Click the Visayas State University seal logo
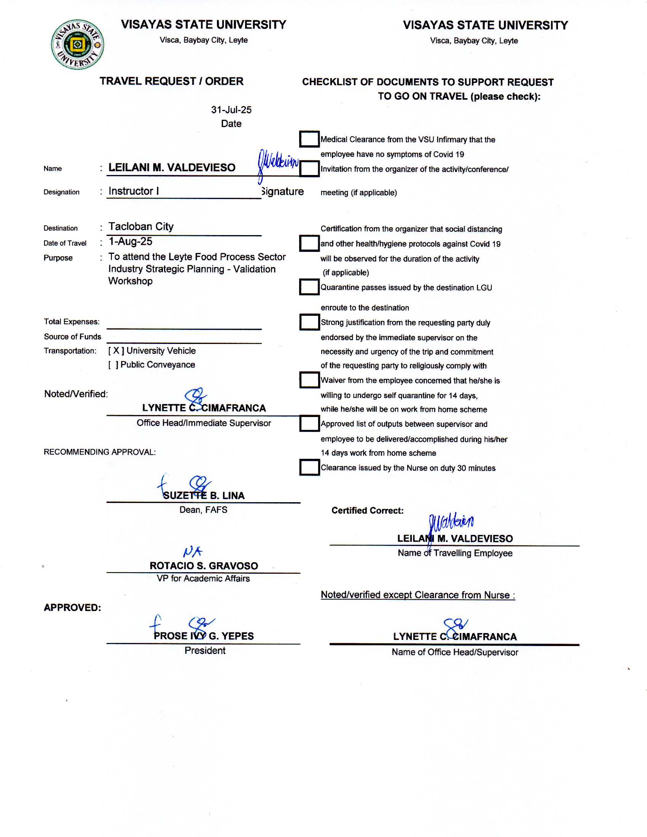pyautogui.click(x=77, y=45)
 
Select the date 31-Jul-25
pyautogui.click(x=231, y=110)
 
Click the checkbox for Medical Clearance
pyautogui.click(x=309, y=139)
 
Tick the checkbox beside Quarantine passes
pyautogui.click(x=309, y=287)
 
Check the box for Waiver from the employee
pyautogui.click(x=309, y=380)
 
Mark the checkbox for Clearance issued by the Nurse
pyautogui.click(x=309, y=467)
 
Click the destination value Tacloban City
pyautogui.click(x=141, y=226)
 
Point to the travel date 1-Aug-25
pyautogui.click(x=130, y=242)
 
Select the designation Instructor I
pyautogui.click(x=134, y=191)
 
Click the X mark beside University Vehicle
pyautogui.click(x=116, y=351)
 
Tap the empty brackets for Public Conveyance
pyautogui.click(x=113, y=365)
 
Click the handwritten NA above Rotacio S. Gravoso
pyautogui.click(x=193, y=552)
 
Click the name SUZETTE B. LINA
pyautogui.click(x=204, y=495)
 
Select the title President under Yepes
pyautogui.click(x=205, y=650)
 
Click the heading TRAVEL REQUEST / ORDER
pyautogui.click(x=171, y=81)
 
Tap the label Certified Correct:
pyautogui.click(x=367, y=511)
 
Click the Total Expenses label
pyautogui.click(x=72, y=321)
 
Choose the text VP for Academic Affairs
pyautogui.click(x=203, y=578)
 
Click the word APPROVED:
pyautogui.click(x=72, y=608)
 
